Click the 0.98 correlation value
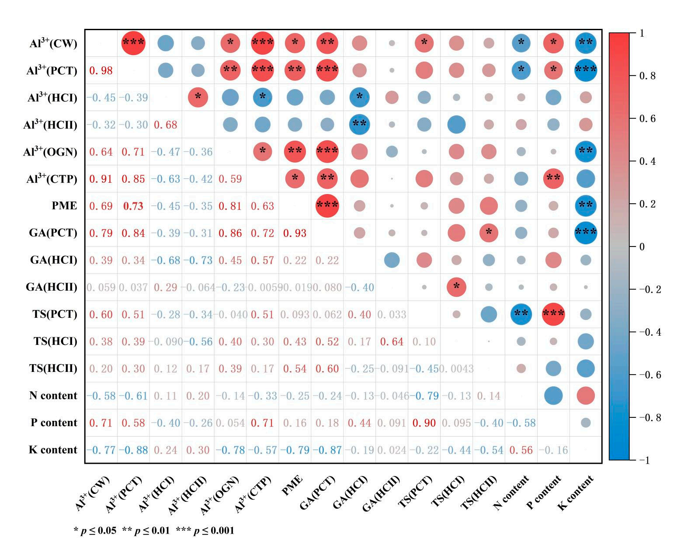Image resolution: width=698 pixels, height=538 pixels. click(x=101, y=70)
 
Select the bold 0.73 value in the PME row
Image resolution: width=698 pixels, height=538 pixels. click(x=133, y=206)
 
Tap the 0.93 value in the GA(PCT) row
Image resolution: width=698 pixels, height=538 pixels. click(x=295, y=233)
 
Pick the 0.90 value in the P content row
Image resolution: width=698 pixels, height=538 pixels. click(x=424, y=423)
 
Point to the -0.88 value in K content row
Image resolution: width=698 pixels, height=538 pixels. click(x=133, y=450)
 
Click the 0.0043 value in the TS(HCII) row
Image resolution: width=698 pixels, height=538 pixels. click(x=456, y=368)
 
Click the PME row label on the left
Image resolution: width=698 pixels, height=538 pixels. click(x=64, y=205)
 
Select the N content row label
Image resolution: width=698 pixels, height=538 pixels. click(x=53, y=396)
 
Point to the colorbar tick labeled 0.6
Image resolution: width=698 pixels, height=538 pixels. click(x=647, y=118)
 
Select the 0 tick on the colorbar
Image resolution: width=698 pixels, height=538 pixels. click(x=642, y=246)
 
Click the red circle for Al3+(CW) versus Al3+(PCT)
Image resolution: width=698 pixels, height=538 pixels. click(x=133, y=43)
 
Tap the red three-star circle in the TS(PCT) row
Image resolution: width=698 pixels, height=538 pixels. click(x=553, y=314)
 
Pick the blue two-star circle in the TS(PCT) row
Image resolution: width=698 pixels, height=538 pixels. click(x=521, y=314)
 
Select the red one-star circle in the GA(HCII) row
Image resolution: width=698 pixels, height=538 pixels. click(x=456, y=287)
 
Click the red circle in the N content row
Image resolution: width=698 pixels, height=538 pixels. click(x=586, y=396)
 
